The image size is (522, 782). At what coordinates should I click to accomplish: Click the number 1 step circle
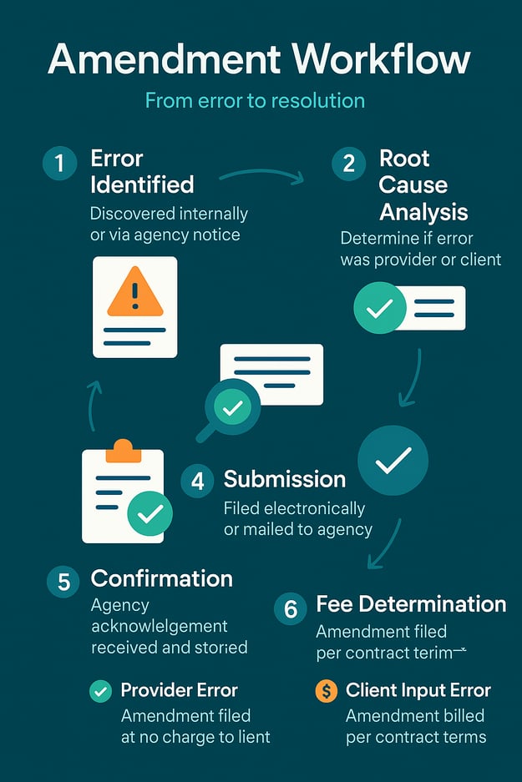[59, 163]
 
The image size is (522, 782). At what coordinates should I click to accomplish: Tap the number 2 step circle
[348, 163]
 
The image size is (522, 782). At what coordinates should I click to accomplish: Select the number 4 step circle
[198, 481]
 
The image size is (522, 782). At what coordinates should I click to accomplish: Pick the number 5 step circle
[63, 581]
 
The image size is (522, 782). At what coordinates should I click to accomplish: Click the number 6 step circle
[291, 609]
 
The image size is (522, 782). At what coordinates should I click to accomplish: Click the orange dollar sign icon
[327, 691]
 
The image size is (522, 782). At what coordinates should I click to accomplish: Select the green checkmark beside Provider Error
[100, 691]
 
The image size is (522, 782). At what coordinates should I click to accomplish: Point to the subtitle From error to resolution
[255, 101]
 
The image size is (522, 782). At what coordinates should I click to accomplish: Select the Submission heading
[284, 479]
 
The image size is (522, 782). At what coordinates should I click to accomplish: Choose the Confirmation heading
[161, 578]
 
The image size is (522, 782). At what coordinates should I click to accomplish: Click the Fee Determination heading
[411, 604]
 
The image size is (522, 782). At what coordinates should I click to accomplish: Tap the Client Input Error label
[418, 690]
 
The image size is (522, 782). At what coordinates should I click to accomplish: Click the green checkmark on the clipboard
[150, 514]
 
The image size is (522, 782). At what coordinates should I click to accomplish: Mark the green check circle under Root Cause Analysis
[380, 308]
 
